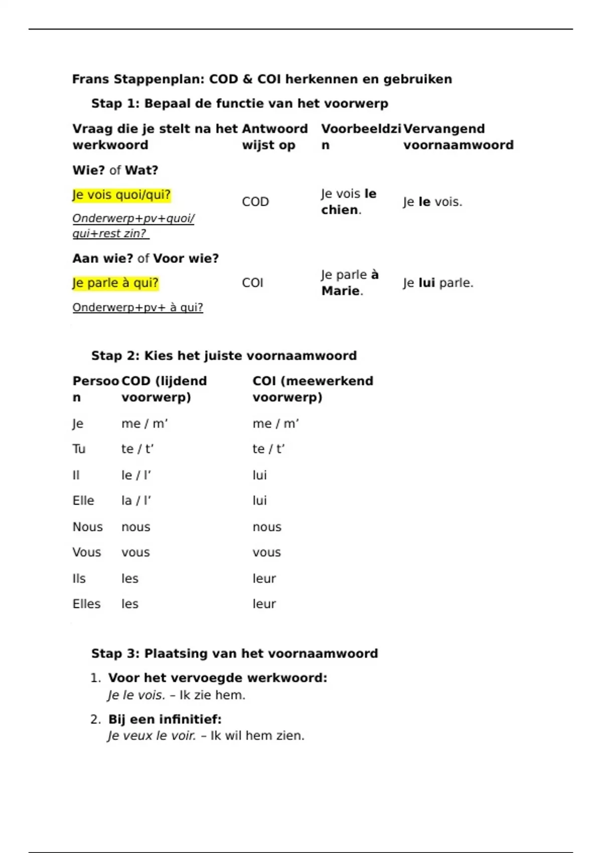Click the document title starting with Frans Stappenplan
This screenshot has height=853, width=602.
tap(262, 79)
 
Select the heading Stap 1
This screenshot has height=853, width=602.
tap(239, 104)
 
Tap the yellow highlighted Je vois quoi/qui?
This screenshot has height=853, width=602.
tap(121, 195)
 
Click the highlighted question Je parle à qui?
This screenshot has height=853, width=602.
tap(115, 283)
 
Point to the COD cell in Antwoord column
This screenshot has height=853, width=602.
tap(255, 202)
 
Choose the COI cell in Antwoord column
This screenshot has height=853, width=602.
tap(252, 283)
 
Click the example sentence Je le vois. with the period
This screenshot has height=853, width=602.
tap(432, 202)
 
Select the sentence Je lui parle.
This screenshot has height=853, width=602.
tap(437, 283)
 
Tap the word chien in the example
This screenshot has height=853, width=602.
tap(340, 210)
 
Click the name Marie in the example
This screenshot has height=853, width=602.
tap(340, 291)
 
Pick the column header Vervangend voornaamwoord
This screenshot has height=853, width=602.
tap(458, 137)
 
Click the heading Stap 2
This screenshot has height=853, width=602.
tap(224, 356)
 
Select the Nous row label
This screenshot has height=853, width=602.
tap(87, 527)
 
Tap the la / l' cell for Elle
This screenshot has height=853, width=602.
tap(136, 501)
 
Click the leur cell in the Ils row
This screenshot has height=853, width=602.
tap(264, 579)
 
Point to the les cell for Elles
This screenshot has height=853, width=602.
tap(129, 604)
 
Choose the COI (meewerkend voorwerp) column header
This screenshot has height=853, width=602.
tap(313, 389)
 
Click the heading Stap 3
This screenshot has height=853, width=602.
tap(234, 654)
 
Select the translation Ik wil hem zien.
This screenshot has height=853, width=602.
tap(257, 736)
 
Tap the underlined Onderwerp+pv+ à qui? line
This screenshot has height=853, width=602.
tap(137, 308)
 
